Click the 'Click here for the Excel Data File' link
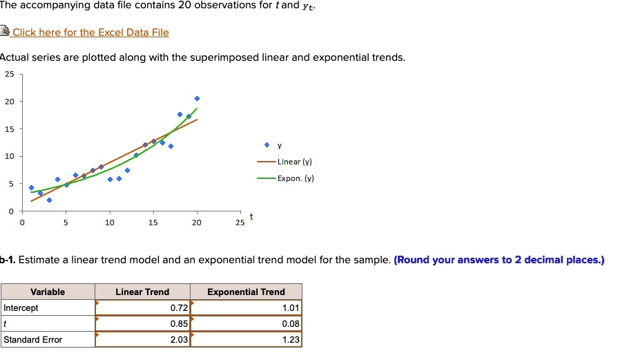[90, 32]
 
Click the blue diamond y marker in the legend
[267, 146]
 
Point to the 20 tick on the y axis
[10, 102]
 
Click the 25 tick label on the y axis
[10, 74]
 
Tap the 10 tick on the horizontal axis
[110, 223]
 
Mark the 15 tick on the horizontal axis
[153, 223]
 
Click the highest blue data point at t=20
[197, 99]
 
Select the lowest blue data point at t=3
[49, 200]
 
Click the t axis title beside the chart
[251, 217]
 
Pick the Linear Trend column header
[142, 292]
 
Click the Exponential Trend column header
[246, 292]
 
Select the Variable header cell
[48, 292]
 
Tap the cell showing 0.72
[142, 308]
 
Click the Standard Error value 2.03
[142, 340]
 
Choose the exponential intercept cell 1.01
[246, 308]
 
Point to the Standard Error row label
[33, 340]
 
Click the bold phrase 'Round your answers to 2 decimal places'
[499, 260]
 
